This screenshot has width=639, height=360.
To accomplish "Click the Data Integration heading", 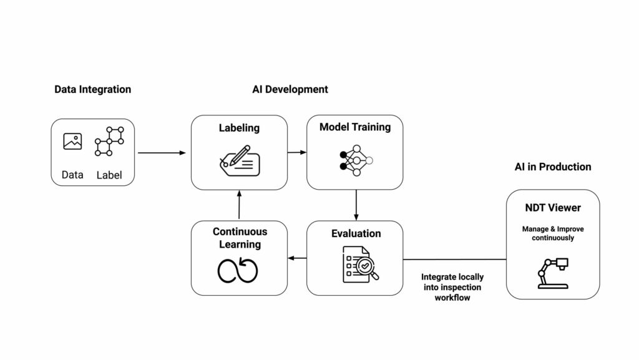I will [x=92, y=89].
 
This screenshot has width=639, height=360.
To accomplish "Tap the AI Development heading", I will [x=290, y=89].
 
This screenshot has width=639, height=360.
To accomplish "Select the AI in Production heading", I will [x=552, y=167].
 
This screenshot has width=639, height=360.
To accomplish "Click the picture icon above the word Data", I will [x=72, y=142].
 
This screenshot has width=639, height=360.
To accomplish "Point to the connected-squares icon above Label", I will [x=109, y=141].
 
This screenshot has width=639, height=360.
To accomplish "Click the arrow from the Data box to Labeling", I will [x=162, y=152].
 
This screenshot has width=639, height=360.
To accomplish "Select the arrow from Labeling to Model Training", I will [x=297, y=152].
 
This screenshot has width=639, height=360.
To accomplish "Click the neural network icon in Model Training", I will [x=355, y=160].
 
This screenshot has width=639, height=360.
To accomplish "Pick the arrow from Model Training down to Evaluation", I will [x=356, y=205].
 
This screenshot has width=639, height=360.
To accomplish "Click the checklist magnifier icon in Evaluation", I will [x=361, y=264].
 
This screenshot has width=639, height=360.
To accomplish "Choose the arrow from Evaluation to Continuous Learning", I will [x=297, y=258].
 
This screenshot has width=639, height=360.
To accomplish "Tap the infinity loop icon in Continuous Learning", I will [x=238, y=270].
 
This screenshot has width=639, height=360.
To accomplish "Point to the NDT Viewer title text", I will [x=552, y=208].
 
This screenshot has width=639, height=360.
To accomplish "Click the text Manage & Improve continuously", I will [x=552, y=233].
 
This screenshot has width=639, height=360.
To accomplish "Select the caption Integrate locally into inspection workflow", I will [x=452, y=287].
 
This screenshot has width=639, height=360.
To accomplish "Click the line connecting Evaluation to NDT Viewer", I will [x=454, y=259].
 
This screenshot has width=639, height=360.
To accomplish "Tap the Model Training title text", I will [x=354, y=127].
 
